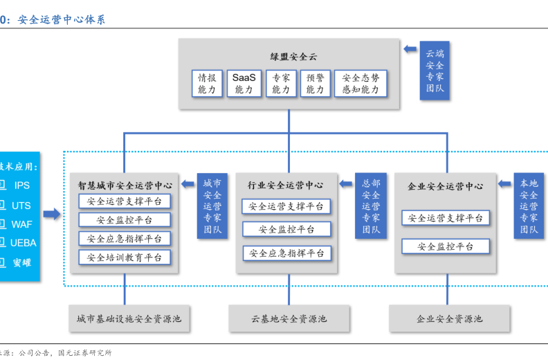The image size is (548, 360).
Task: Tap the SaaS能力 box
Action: pos(244,83)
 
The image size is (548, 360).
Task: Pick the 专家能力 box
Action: pos(281,83)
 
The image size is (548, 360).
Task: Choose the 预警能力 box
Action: pos(316,83)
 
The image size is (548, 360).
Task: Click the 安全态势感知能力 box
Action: pos(360,83)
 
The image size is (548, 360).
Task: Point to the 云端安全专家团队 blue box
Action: pos(435,71)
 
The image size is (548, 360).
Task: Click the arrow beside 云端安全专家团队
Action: pos(410,48)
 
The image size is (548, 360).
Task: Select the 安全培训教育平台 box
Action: pos(125,257)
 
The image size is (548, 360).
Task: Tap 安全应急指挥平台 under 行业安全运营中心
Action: pos(286,253)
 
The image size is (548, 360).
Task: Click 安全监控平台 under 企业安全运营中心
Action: pos(446,246)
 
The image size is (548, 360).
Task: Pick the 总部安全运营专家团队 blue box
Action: pos(371,206)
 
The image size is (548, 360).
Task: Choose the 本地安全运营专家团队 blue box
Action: pos(529,206)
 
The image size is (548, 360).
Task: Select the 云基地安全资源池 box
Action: pos(289,318)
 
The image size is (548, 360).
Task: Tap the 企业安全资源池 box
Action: pos(449,318)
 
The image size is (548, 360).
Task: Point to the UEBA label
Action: pos(23,243)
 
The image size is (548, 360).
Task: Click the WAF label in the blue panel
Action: pos(21,224)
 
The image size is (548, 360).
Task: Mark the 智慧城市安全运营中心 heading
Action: pos(125,186)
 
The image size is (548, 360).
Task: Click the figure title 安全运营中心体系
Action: pos(62,20)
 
